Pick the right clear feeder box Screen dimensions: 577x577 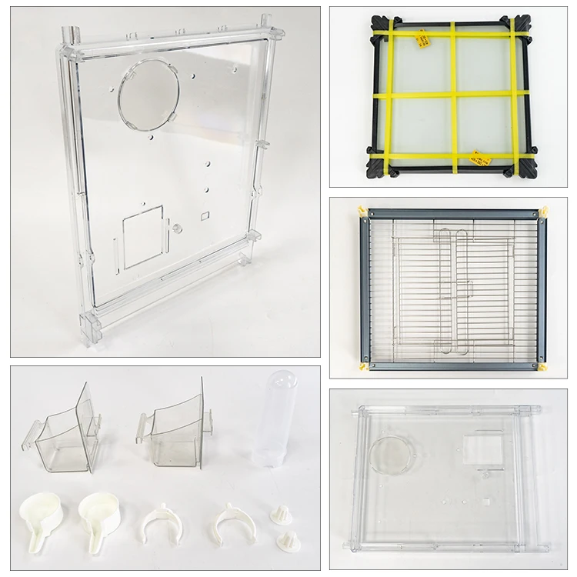pyautogui.click(x=173, y=428)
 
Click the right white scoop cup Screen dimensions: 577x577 pyautogui.click(x=101, y=517)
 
